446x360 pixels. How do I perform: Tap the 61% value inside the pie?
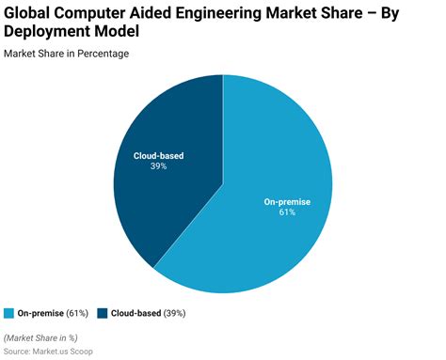[286, 212]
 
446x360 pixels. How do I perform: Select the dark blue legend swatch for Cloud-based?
[102, 312]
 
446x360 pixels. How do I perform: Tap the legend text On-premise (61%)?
[52, 312]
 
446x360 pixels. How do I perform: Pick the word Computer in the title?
[101, 12]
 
